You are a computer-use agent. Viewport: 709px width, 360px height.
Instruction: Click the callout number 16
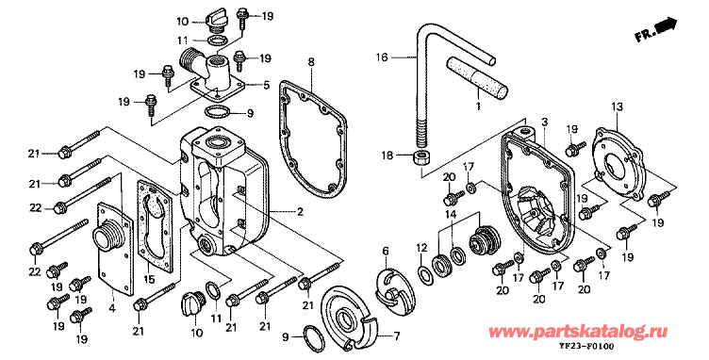(x=382, y=57)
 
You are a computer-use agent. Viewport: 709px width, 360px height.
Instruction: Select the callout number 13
(x=617, y=107)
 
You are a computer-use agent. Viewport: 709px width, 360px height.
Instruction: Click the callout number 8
(x=311, y=63)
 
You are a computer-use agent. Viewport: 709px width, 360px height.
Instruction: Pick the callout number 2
(x=300, y=211)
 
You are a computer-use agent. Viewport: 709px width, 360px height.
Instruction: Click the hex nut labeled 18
(x=421, y=158)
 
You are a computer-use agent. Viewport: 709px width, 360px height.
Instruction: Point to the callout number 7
(x=397, y=336)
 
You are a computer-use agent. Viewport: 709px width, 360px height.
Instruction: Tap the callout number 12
(x=420, y=248)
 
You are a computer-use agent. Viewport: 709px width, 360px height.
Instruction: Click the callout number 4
(x=112, y=309)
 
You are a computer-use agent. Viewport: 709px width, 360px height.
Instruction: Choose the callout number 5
(x=266, y=85)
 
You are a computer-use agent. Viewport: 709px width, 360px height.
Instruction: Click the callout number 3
(x=544, y=122)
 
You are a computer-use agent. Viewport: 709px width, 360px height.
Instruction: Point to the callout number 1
(x=478, y=106)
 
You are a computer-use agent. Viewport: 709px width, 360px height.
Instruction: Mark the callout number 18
(x=387, y=155)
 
